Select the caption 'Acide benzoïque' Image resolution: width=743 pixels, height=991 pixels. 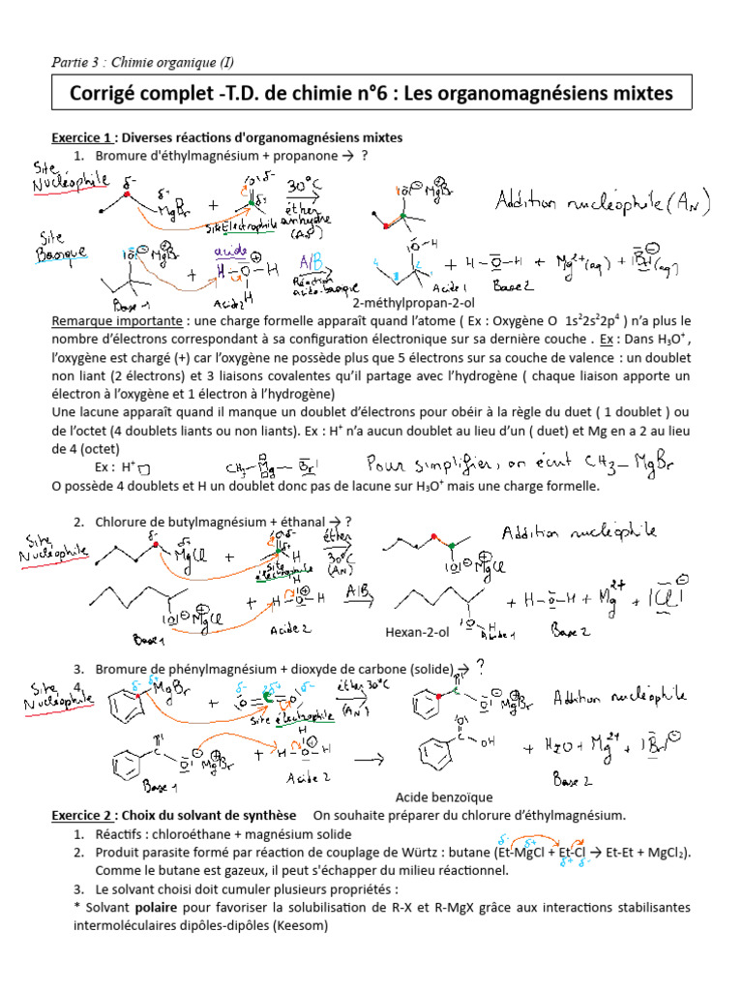tap(444, 797)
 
